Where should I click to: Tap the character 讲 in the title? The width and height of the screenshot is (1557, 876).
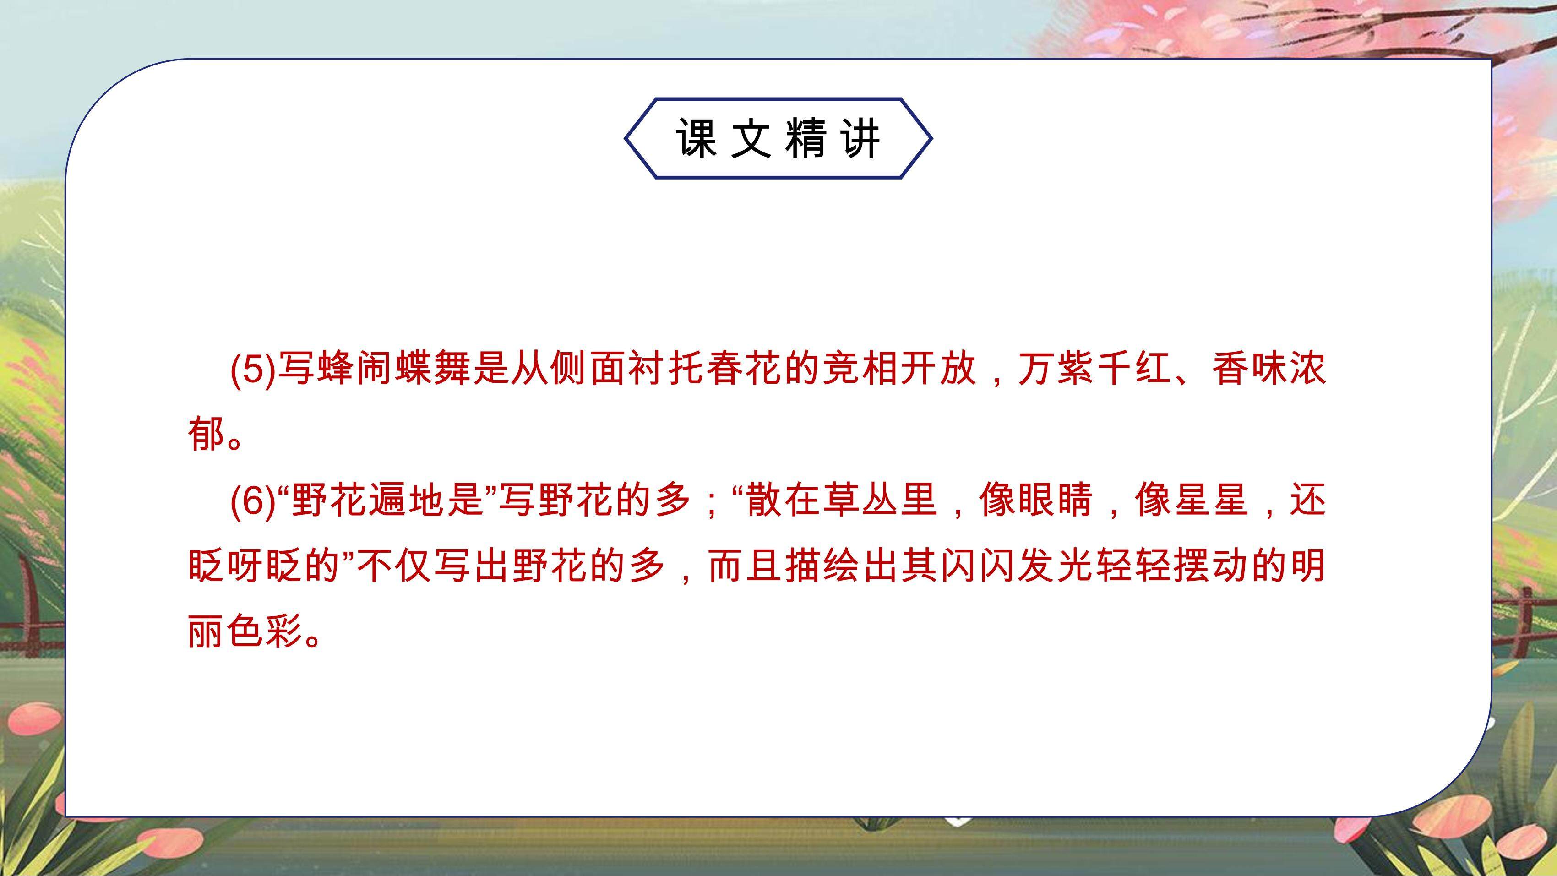(x=861, y=138)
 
